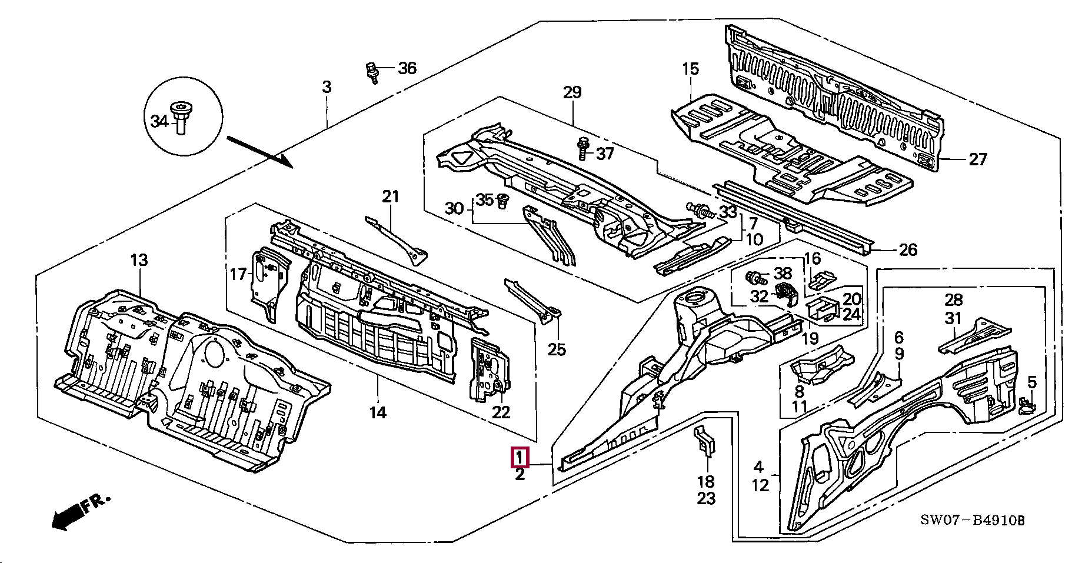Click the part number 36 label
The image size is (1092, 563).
pos(407,69)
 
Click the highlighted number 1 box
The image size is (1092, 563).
pos(520,457)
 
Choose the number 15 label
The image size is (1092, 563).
pos(691,69)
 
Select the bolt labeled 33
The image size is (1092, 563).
pos(700,209)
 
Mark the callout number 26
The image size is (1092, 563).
pos(908,250)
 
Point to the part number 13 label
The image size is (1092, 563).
pos(139,260)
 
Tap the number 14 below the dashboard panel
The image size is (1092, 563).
pos(378,412)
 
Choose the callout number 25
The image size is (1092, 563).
pos(557,349)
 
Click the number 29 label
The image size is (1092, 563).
pos(572,92)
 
